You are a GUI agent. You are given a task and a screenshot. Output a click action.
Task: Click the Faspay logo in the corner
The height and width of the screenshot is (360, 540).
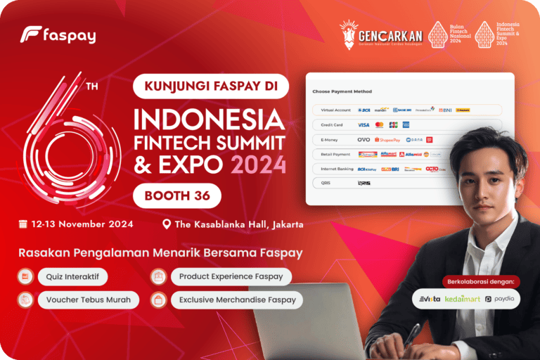point(58,34)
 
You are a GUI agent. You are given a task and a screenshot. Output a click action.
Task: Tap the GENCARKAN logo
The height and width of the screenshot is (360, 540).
point(380,34)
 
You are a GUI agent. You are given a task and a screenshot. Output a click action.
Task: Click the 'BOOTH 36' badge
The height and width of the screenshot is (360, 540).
point(177,195)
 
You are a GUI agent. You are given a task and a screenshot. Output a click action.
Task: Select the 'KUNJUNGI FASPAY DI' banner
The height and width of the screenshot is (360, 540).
point(212,86)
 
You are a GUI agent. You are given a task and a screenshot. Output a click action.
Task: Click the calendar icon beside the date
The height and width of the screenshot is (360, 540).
point(23,224)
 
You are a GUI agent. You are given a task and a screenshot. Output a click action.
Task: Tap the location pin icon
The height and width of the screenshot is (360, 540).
point(167,224)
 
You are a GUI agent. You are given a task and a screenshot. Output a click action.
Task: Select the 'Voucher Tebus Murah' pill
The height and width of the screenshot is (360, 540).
point(79,300)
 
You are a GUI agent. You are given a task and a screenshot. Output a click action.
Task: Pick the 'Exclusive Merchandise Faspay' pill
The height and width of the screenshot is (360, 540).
point(227,300)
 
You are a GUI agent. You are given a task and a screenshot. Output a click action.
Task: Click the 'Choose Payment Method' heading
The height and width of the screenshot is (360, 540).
point(342,91)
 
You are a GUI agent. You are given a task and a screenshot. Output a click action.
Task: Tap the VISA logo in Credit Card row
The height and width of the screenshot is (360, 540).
point(364,124)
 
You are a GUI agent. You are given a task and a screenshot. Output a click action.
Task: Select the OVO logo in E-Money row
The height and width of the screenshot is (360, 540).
point(364,139)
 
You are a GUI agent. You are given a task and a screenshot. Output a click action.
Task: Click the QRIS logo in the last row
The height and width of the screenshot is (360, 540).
point(364,184)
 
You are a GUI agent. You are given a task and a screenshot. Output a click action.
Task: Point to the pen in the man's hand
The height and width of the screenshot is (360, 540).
point(413,333)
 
